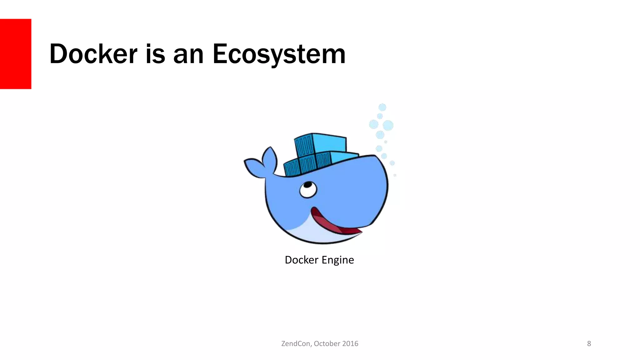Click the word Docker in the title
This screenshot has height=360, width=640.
93,54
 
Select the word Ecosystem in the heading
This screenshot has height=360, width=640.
279,54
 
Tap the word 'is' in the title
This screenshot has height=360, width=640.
155,54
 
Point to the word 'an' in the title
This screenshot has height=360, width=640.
188,54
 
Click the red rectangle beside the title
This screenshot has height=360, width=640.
16,54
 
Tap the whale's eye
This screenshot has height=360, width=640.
308,189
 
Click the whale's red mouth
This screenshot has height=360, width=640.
331,224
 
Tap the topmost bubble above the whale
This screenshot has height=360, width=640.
382,107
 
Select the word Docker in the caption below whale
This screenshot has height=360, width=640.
302,260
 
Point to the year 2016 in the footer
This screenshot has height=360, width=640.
350,344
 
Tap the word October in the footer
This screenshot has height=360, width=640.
327,344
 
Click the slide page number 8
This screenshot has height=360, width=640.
589,344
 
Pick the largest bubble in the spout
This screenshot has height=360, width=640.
388,126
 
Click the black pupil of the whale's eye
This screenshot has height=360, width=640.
307,185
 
